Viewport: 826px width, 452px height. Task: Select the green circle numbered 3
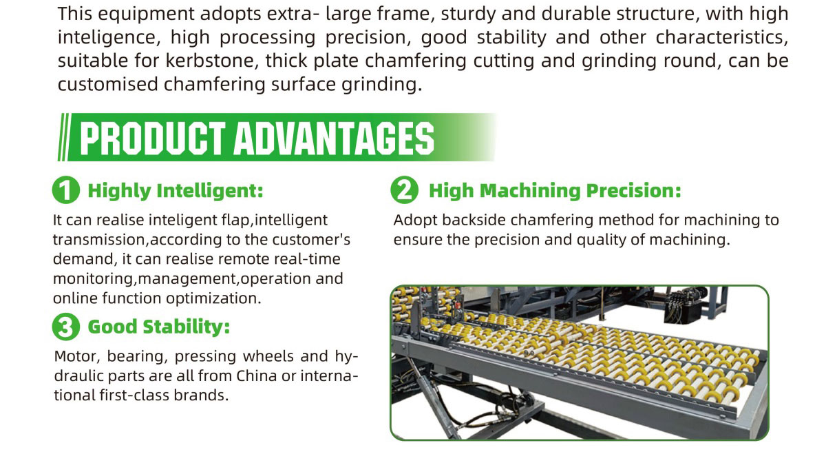66,327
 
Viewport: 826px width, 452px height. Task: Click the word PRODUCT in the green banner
152,138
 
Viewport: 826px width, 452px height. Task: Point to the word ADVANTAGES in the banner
334,138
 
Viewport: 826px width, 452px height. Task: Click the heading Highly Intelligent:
176,190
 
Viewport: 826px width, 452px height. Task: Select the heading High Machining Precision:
555,190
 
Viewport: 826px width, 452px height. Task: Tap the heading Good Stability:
159,327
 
